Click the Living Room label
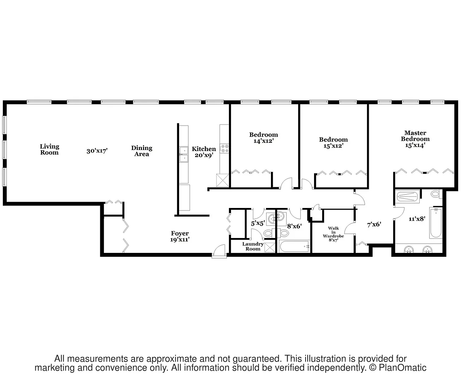(49, 149)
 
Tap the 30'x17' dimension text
(97, 151)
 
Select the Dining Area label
(142, 151)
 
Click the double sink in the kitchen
(184, 155)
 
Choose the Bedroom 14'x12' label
(264, 138)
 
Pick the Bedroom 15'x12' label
(333, 143)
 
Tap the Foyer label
(180, 236)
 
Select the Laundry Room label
(253, 247)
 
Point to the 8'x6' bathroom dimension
(294, 226)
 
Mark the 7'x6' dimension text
(374, 224)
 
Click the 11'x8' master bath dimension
(417, 219)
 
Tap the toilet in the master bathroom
(435, 194)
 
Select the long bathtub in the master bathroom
(436, 224)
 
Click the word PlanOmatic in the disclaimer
(403, 368)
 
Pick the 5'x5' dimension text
(258, 224)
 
